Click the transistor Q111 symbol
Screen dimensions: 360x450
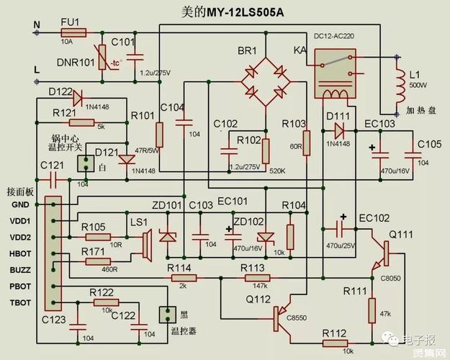click(386, 251)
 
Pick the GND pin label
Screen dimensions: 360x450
click(19, 204)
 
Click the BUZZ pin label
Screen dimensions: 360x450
click(19, 269)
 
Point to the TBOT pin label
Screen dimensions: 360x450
click(19, 302)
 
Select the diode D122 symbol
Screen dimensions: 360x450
click(78, 94)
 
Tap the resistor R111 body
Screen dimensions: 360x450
click(372, 310)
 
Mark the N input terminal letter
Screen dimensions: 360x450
click(36, 25)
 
